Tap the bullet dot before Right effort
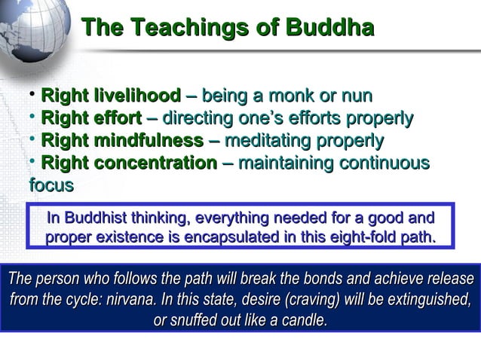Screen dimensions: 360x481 [x=33, y=118]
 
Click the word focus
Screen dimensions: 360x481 [x=51, y=185]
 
